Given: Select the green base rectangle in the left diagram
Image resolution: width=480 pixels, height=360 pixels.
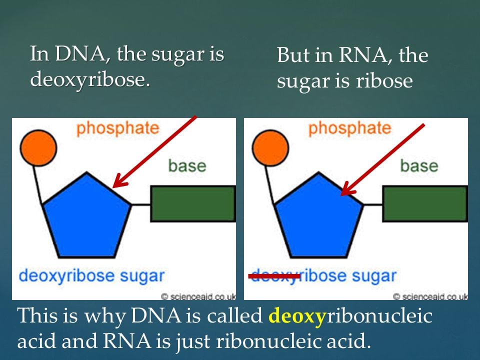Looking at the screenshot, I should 193,203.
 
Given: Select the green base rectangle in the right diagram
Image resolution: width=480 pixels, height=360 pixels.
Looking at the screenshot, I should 425,203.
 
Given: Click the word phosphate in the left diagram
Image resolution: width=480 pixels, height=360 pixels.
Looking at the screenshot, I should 117,128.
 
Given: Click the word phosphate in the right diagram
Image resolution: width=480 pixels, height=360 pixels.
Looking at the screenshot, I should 349,128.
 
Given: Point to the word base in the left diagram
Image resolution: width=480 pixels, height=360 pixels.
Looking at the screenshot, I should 187,165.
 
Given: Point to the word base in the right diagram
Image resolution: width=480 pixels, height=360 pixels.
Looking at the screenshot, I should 419,165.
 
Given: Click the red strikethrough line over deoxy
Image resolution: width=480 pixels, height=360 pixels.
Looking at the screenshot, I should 274,275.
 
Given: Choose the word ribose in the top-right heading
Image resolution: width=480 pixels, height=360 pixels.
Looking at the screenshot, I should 384,81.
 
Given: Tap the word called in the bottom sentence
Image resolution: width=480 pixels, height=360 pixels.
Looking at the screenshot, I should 237,316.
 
